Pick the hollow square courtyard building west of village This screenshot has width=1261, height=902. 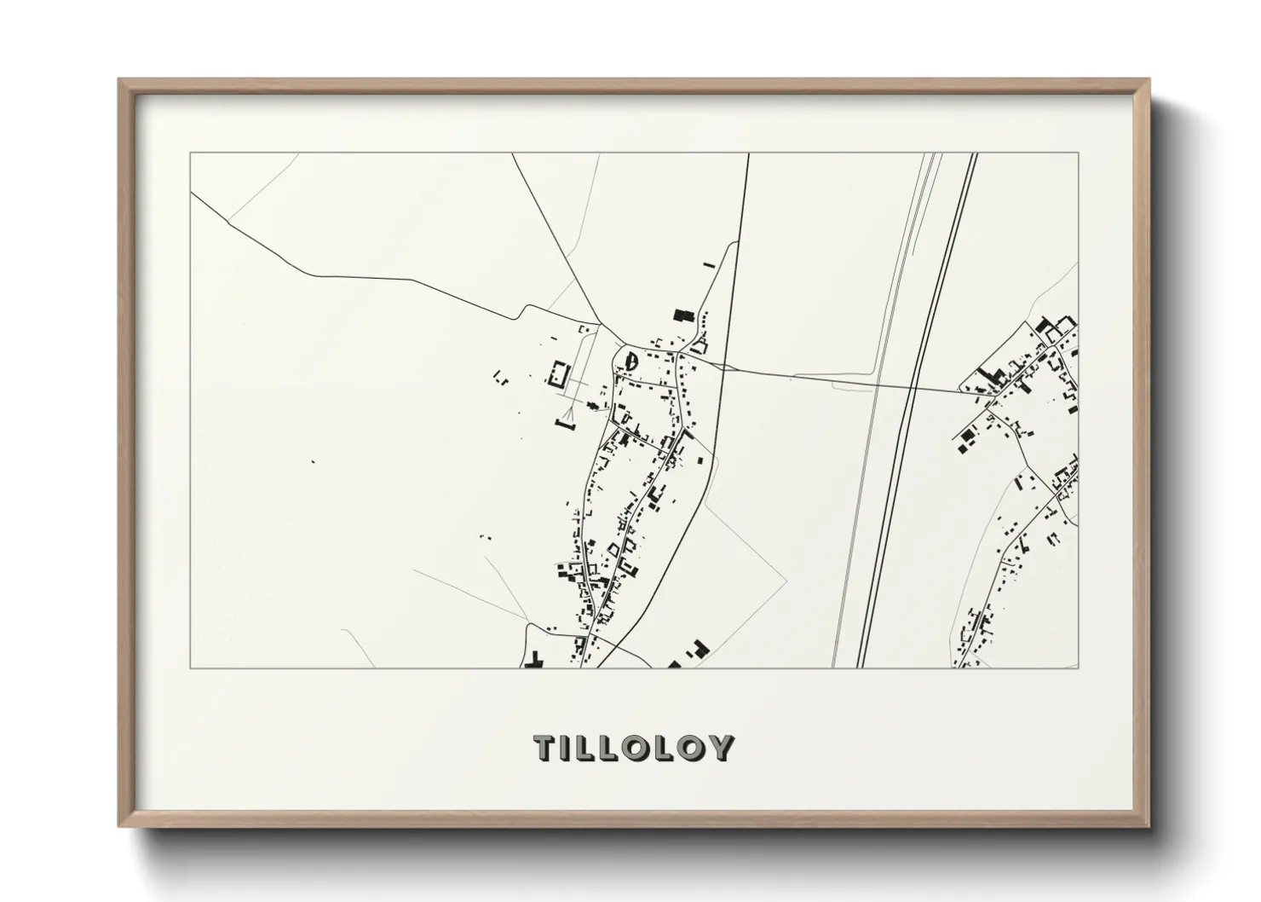pos(560,374)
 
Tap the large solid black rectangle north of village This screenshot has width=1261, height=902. pos(680,315)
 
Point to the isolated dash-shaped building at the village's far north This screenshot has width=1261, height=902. pos(707,265)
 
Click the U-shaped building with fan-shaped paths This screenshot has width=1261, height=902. pos(566,422)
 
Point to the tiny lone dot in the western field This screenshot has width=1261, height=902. pos(313,461)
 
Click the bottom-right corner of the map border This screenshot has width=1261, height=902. pos(1079,668)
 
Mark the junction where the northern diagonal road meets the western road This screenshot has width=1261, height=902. pos(602,324)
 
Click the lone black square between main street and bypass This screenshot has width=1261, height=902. pos(700,460)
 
